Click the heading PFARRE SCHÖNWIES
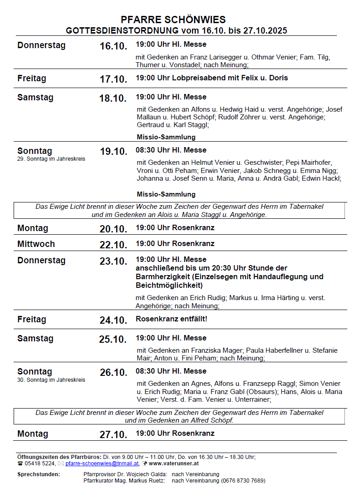click(173, 20)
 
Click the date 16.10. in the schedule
click(113, 46)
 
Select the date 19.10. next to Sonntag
click(113, 152)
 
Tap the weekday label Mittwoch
click(36, 244)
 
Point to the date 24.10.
click(113, 320)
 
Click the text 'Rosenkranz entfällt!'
click(171, 319)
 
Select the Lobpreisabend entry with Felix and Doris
click(212, 78)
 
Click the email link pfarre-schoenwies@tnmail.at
click(102, 463)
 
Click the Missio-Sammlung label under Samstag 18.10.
click(166, 137)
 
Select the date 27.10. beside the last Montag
click(113, 435)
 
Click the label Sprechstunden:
click(39, 474)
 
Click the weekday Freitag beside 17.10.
click(32, 79)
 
